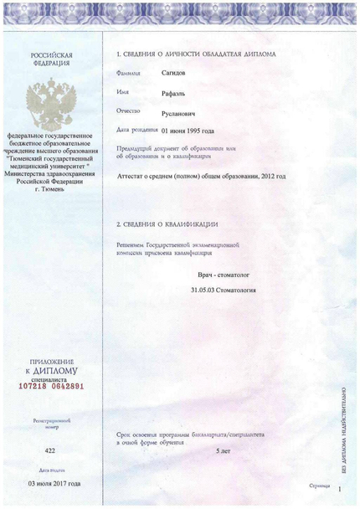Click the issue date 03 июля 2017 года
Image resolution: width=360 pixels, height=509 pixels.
click(54, 484)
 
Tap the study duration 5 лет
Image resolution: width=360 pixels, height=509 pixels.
click(224, 451)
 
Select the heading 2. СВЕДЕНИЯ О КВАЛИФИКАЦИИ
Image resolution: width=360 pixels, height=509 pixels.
click(167, 224)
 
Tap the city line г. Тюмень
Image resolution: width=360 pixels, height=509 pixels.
click(52, 189)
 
